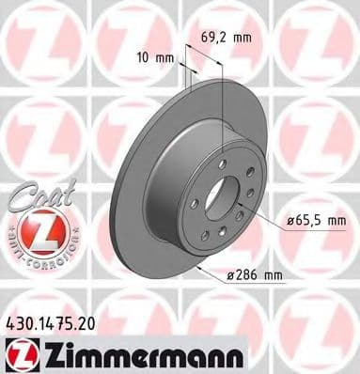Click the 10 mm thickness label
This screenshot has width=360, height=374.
[150, 56]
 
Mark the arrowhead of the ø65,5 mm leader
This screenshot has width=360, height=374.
[252, 209]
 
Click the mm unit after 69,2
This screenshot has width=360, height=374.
[243, 39]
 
